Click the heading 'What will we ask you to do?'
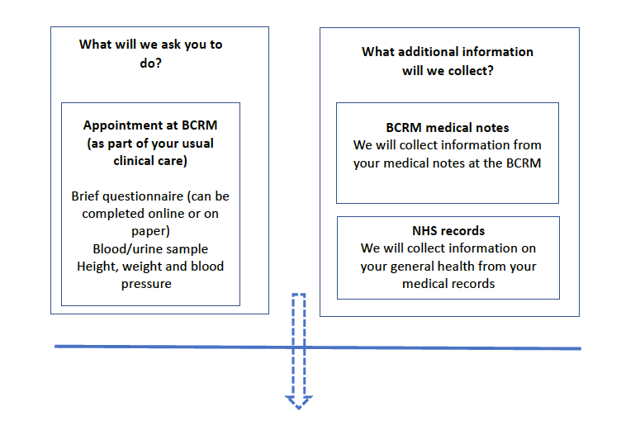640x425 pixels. click(150, 54)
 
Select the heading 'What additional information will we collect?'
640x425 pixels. click(448, 61)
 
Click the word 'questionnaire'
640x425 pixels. click(143, 196)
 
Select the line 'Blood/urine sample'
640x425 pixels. click(150, 248)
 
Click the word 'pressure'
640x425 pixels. click(146, 284)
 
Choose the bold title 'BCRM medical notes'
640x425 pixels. click(448, 128)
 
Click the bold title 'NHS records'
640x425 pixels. click(448, 231)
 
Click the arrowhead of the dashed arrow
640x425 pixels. click(299, 402)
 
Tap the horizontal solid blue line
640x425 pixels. click(318, 347)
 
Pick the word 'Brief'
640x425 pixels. click(85, 196)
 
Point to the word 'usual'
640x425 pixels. click(197, 143)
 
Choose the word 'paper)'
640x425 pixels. click(150, 232)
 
